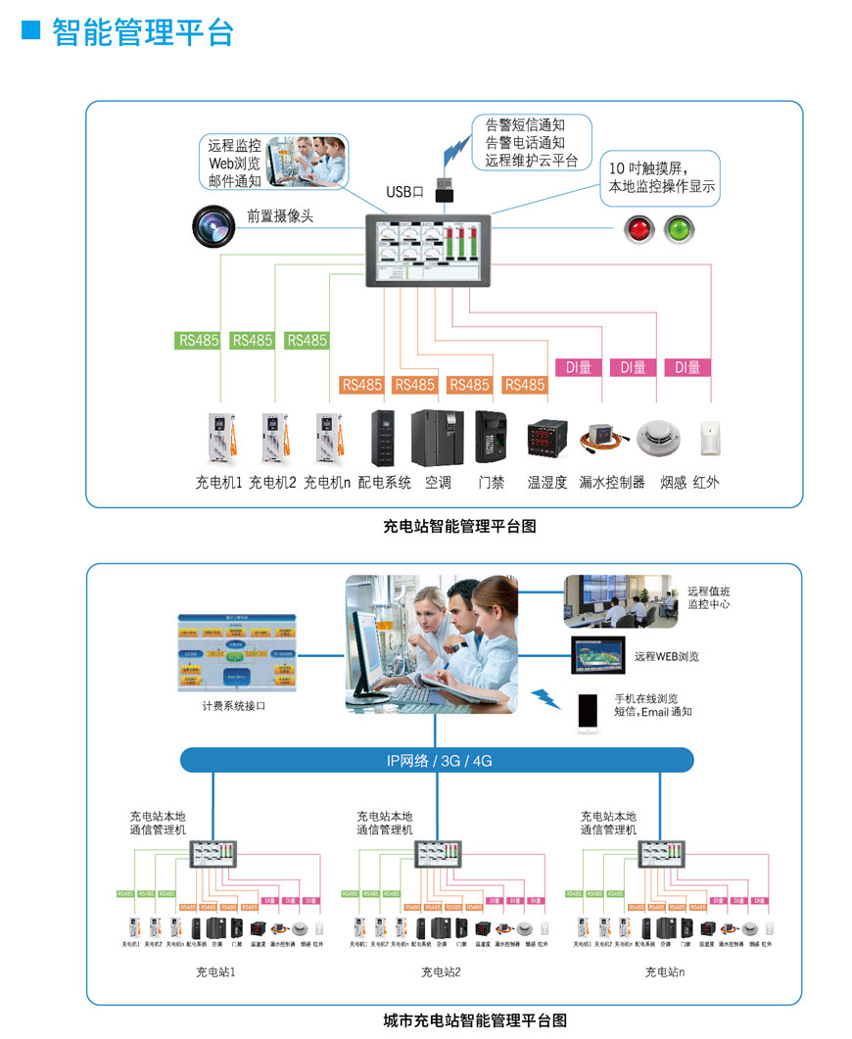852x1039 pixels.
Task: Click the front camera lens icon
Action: (x=214, y=225)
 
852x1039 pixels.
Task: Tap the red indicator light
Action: (x=639, y=230)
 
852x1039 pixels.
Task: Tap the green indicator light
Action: (x=678, y=230)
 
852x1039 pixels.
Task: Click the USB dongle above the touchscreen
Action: (x=444, y=189)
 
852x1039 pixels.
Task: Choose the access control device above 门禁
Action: (x=490, y=436)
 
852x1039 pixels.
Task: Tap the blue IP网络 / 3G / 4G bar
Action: (x=437, y=760)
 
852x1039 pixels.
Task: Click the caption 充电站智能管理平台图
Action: (x=459, y=527)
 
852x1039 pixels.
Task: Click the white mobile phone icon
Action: (x=588, y=712)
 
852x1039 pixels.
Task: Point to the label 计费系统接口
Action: (x=234, y=705)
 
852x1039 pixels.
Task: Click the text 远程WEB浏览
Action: (x=666, y=656)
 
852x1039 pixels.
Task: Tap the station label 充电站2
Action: (x=441, y=971)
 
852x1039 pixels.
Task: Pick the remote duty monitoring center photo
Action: (x=620, y=601)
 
